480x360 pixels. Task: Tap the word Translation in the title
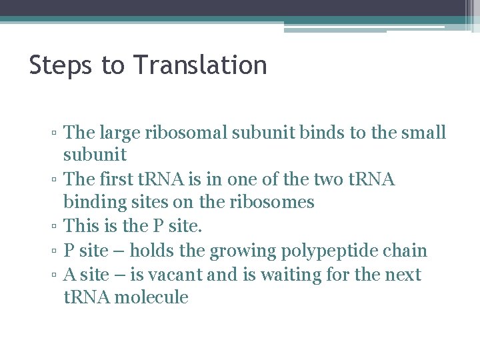[x=200, y=66]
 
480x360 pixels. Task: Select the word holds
[x=150, y=251]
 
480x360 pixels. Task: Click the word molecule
[x=151, y=297]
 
